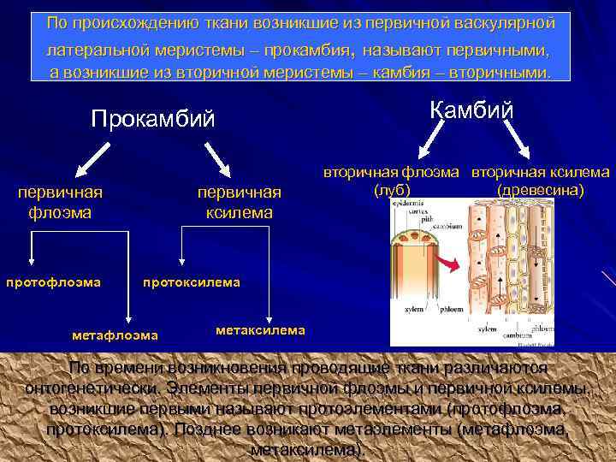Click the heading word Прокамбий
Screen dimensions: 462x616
[153, 118]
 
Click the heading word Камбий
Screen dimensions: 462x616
[471, 110]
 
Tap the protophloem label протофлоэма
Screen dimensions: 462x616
[53, 281]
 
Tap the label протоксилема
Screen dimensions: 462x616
[191, 281]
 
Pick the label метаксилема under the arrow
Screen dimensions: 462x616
[260, 330]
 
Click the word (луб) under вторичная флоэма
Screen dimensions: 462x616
[393, 189]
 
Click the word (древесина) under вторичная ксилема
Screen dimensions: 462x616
[540, 189]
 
